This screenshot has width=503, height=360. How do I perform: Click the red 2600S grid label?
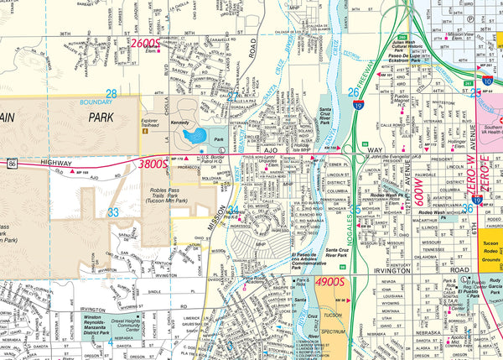(145, 43)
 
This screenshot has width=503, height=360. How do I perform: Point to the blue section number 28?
(111, 93)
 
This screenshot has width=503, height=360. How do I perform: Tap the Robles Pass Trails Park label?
(169, 196)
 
